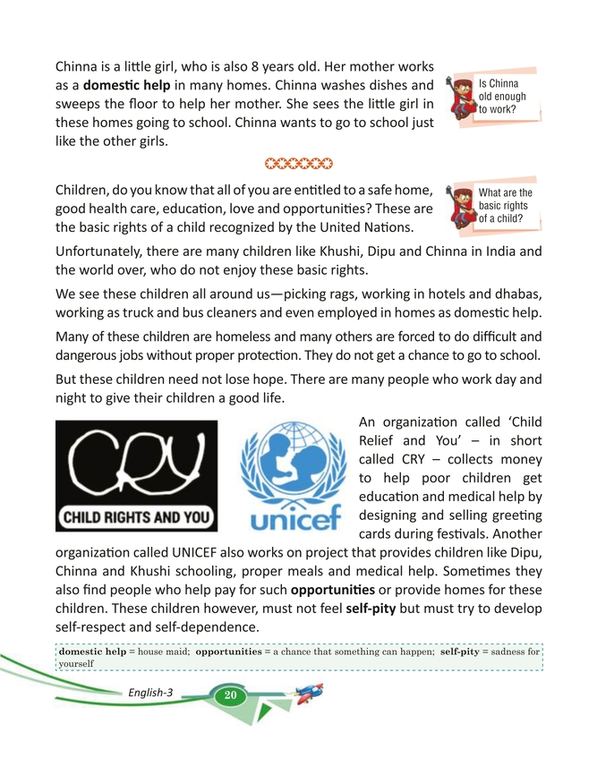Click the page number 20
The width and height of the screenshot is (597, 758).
pos(230,694)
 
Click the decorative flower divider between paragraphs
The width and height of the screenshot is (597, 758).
pos(298,163)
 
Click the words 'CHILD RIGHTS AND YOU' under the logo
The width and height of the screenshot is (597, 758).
pos(136,517)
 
